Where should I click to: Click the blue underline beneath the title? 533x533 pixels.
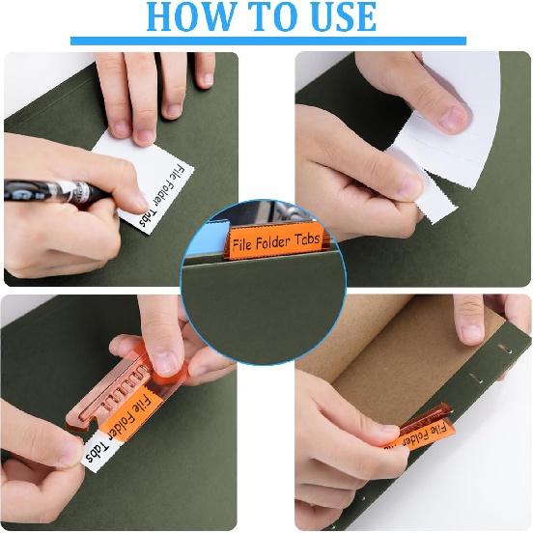(267, 42)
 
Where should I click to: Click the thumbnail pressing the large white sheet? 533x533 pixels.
(454, 118)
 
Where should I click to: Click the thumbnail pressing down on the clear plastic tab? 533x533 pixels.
(164, 360)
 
